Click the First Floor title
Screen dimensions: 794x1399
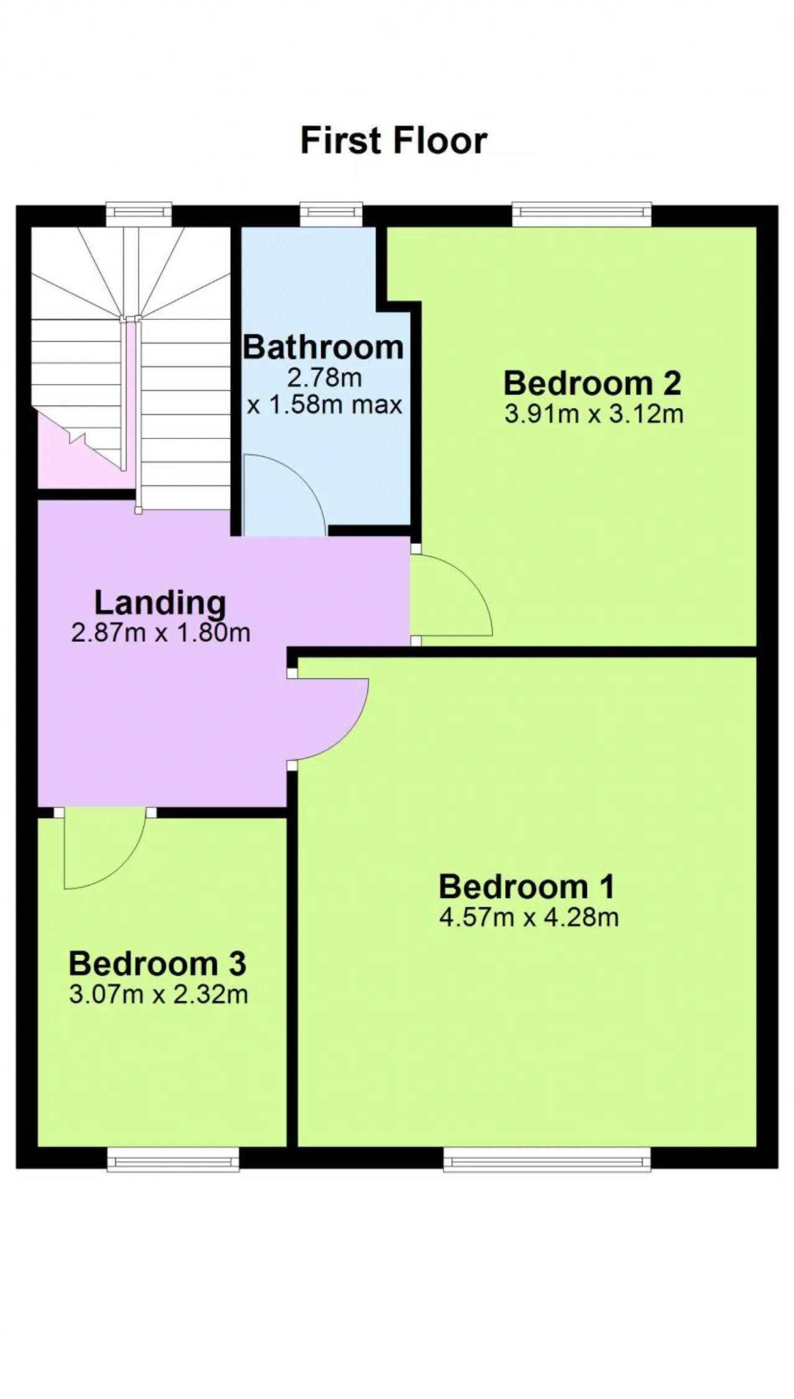tap(394, 141)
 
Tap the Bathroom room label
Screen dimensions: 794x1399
tap(323, 347)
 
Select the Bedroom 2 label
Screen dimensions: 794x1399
tap(592, 383)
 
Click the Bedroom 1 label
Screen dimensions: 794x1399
tap(527, 887)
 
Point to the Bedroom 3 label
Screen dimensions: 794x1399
tap(158, 964)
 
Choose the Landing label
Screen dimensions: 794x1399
tap(160, 603)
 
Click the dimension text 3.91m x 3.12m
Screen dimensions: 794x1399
tap(594, 414)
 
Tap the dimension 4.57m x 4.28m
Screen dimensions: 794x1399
tap(529, 917)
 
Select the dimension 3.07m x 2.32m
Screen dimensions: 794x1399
tap(159, 995)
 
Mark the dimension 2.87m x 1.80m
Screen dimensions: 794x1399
tap(161, 633)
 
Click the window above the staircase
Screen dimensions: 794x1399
tap(138, 214)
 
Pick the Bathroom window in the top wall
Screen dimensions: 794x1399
tap(331, 214)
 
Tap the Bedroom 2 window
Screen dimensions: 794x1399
tap(582, 214)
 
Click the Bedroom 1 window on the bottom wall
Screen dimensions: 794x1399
tap(547, 1159)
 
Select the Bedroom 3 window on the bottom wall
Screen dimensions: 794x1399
tap(173, 1159)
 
